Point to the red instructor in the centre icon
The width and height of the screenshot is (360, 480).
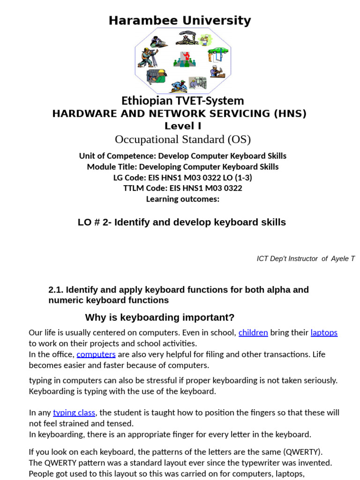point(187,57)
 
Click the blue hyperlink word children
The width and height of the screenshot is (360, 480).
point(253,333)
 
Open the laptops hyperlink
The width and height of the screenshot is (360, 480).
point(324,333)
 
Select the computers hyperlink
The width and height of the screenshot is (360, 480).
point(96,354)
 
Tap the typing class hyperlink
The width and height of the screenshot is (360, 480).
point(74,412)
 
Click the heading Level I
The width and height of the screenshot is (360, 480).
point(183,126)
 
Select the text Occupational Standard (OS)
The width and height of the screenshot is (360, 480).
point(183,139)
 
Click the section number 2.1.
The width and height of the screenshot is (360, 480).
point(56,290)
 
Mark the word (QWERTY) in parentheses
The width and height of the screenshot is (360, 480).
point(303,452)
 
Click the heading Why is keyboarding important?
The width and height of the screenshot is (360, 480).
point(160,317)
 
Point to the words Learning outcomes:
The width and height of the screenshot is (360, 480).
point(183,199)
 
